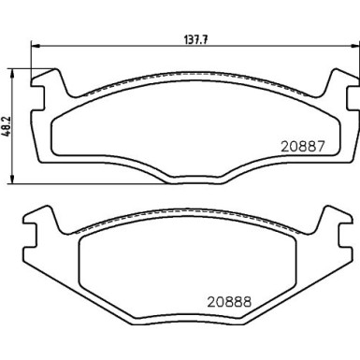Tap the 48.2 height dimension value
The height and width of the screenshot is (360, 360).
8,123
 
